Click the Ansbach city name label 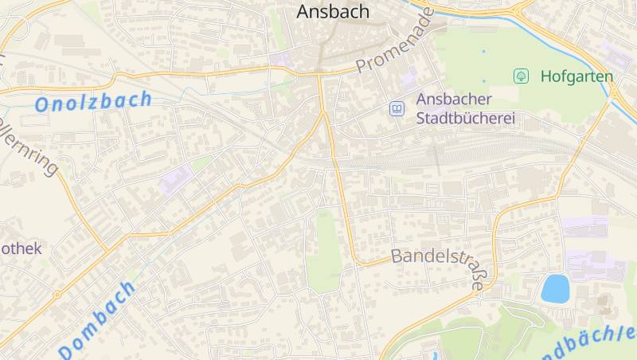[x=334, y=11]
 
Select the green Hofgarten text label [x=576, y=76]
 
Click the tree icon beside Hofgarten [x=522, y=76]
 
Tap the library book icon [x=396, y=108]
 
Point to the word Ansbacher [x=455, y=100]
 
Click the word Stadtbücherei [x=466, y=119]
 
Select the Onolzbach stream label [x=93, y=101]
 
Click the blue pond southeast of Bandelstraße [x=555, y=288]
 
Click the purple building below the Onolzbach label [x=176, y=180]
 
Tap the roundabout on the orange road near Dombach [x=57, y=295]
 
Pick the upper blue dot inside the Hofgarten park [x=483, y=51]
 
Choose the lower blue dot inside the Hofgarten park [x=483, y=80]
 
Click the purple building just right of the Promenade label [x=409, y=79]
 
